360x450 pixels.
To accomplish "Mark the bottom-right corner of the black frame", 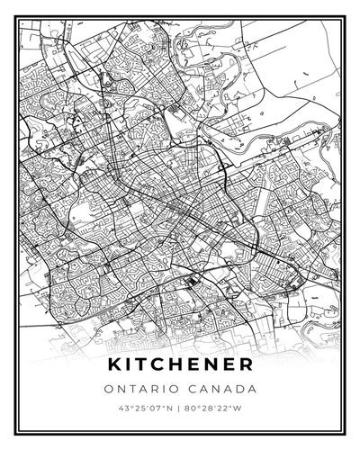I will (x=343, y=430).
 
